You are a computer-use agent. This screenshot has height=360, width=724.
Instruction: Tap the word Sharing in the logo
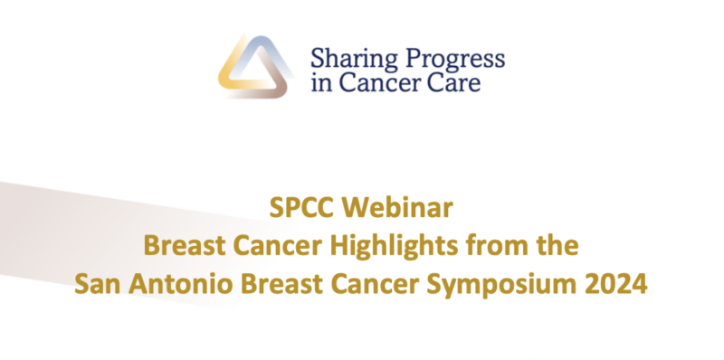coord(348,59)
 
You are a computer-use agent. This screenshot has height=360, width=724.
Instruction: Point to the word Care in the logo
coord(458,84)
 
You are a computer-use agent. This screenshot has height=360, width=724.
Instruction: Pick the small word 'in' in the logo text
coord(320,84)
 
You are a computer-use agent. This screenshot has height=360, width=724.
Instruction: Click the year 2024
coord(617,284)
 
